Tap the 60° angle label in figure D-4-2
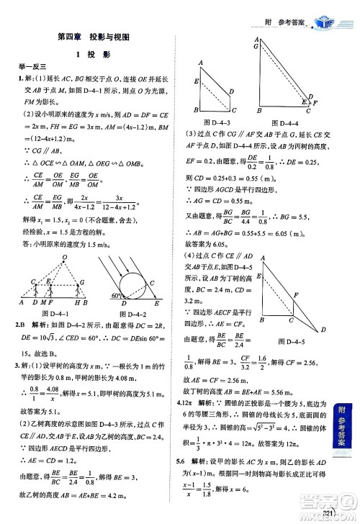[115, 296]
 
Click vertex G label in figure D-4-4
[257, 45]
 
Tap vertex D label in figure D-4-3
[230, 92]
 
